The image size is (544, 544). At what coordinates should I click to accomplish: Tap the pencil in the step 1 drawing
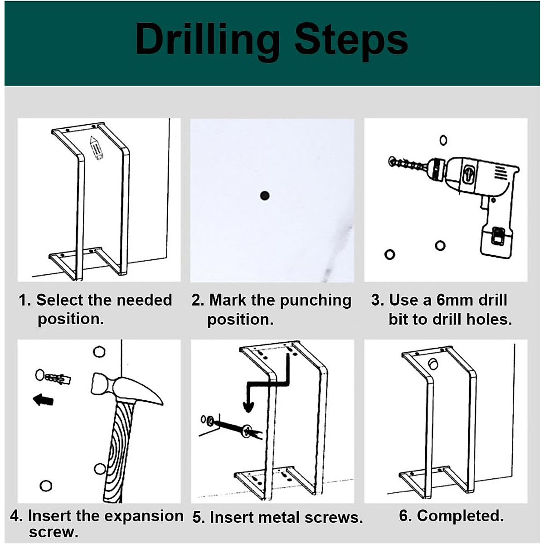(x=96, y=148)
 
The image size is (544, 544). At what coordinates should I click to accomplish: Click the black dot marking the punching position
(x=265, y=196)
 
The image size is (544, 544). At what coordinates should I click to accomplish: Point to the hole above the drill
(x=443, y=140)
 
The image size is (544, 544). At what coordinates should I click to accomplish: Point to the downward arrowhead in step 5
(x=248, y=407)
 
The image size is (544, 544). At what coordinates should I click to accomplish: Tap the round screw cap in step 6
(x=434, y=364)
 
